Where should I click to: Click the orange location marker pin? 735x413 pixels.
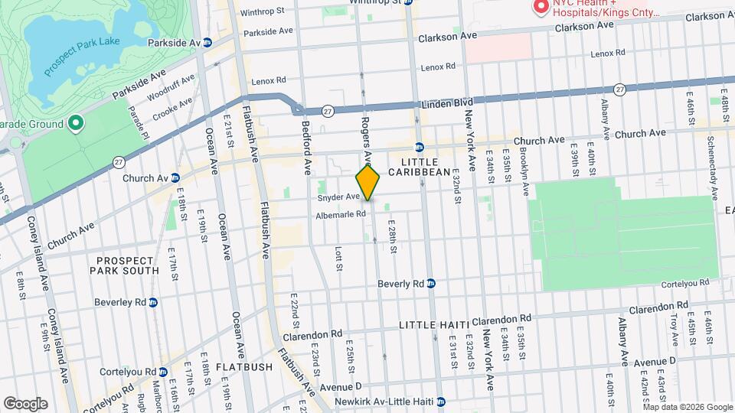367,183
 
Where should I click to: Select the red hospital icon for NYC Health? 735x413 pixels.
541,7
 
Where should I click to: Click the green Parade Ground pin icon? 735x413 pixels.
75,122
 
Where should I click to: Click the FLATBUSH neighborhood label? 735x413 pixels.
243,367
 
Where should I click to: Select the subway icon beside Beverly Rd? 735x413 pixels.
431,283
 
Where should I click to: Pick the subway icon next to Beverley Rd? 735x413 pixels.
153,302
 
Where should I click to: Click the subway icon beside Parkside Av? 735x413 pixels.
207,42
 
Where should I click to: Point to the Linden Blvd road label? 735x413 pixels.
444,104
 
